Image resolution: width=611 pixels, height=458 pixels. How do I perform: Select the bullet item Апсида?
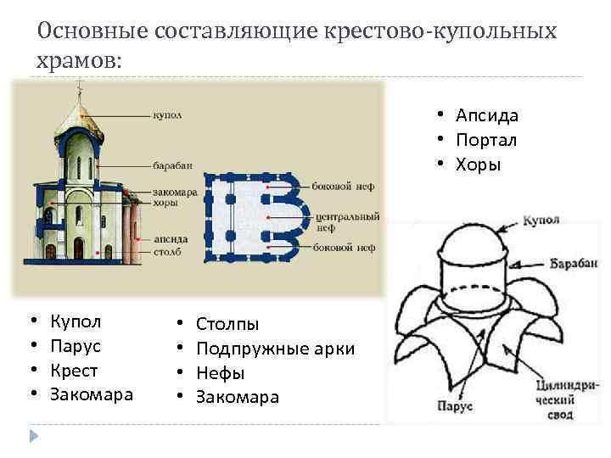click(x=486, y=115)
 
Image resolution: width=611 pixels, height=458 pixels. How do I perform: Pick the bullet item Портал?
click(x=486, y=140)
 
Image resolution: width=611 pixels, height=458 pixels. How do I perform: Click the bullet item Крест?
click(x=74, y=371)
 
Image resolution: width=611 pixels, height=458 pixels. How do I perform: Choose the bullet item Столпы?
click(x=227, y=323)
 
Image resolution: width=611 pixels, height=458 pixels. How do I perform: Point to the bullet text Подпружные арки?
click(x=275, y=349)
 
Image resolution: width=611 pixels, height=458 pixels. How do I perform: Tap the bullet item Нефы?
click(x=220, y=372)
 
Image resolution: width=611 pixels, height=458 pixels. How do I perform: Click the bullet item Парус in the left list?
click(x=76, y=346)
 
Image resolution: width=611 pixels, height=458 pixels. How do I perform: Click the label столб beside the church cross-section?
click(x=168, y=252)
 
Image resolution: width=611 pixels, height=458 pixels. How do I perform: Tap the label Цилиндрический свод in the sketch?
click(x=557, y=400)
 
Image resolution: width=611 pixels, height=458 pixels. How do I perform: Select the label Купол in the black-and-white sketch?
click(x=540, y=221)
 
